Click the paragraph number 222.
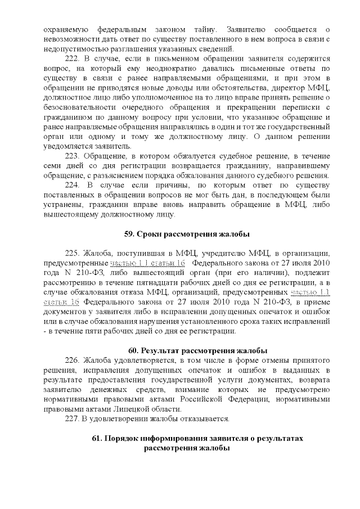[x=74, y=59]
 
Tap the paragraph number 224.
[x=74, y=185]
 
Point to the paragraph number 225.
[x=74, y=254]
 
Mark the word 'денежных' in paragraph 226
[x=102, y=389]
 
